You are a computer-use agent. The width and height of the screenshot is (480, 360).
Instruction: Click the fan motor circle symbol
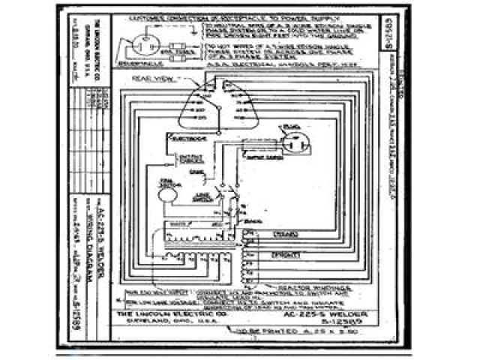[x=167, y=193]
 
